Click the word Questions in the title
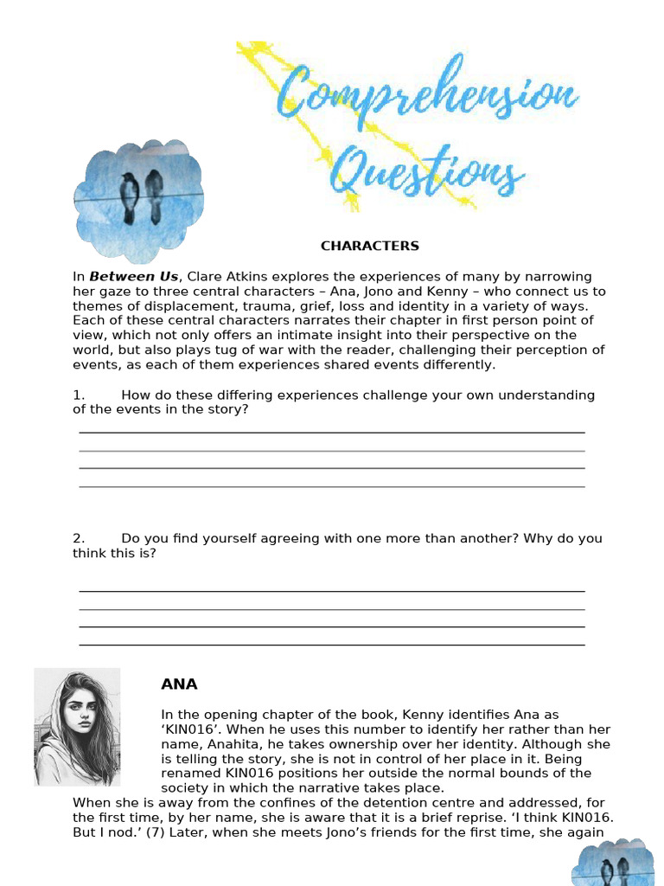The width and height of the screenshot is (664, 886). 427,170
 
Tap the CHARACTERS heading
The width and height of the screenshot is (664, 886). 369,246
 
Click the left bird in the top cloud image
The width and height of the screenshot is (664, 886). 130,195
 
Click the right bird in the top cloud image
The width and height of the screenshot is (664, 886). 154,195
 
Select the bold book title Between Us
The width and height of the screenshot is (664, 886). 133,277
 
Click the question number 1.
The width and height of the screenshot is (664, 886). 78,395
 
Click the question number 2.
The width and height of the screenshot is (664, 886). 78,538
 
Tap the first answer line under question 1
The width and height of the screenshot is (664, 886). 331,432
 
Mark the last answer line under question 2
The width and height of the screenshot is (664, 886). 331,645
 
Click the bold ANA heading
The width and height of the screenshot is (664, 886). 179,684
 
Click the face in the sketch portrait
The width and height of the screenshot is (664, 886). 78,718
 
